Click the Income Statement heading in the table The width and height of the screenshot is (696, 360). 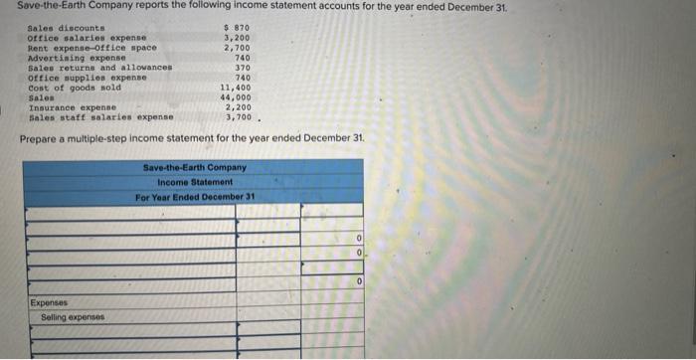[195, 182]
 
